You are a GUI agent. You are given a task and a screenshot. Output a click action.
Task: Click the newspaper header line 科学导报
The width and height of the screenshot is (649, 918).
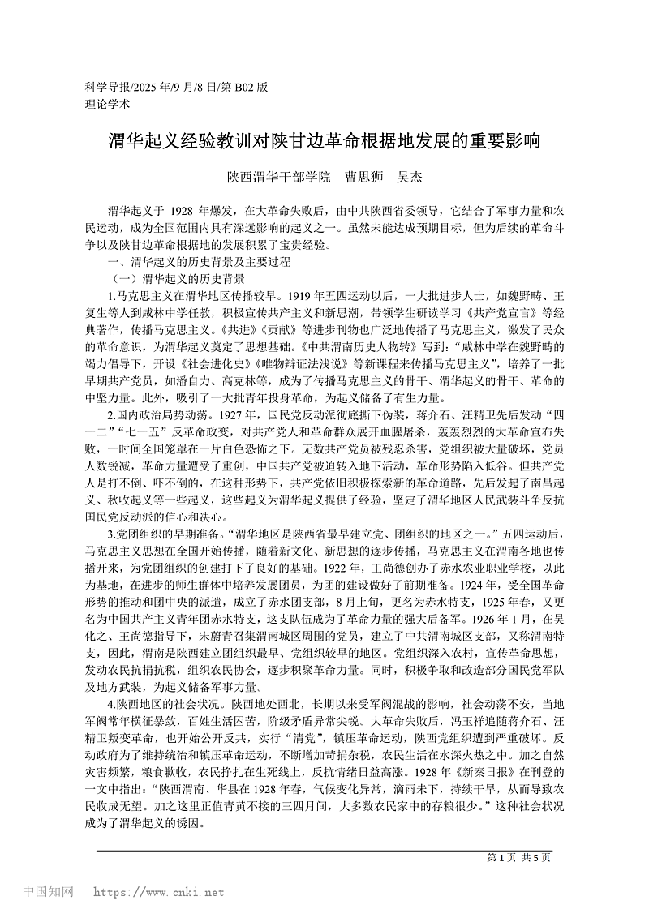point(176,87)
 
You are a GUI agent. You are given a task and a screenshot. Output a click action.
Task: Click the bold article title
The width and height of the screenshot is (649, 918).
point(324,142)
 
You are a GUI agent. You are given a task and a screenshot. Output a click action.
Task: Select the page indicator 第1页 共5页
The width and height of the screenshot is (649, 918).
point(518,857)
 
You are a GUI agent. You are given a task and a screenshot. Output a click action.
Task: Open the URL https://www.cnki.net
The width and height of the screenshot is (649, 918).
point(159,893)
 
